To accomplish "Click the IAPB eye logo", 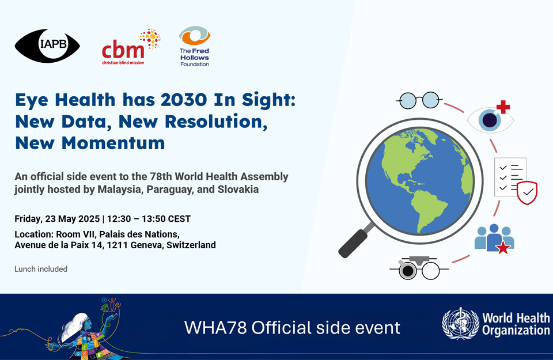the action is pos(47,46).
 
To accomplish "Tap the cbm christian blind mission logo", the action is pos(131,47).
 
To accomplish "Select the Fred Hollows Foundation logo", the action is pos(195,46).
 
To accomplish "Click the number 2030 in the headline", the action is pos(184,100).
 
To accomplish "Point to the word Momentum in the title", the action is pos(113,143).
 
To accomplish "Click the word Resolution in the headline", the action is pos(216,122).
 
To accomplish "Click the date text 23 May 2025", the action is pos(73,219).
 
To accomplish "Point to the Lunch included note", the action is pos(41,269).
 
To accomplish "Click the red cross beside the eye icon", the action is pos(503,107).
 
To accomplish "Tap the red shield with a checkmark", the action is pos(527,192).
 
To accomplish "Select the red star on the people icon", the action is pos(503,248).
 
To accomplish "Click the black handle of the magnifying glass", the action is pos(354,243).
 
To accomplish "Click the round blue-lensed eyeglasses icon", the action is pos(419,100).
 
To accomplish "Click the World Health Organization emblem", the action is pos(461,323).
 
